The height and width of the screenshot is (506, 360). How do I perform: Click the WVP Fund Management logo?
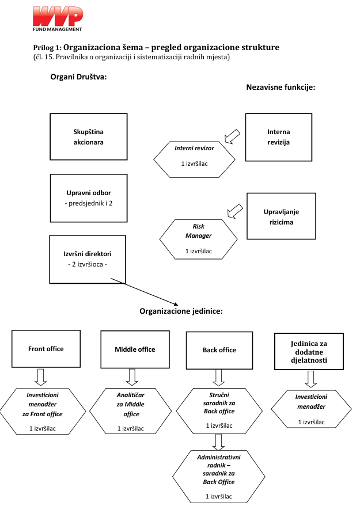(58, 19)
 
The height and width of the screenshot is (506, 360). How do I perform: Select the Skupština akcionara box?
(89, 137)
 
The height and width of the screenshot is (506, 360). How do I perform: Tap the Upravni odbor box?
(89, 198)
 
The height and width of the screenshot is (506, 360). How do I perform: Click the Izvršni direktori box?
(88, 259)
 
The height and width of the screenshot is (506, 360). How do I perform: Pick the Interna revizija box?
(279, 137)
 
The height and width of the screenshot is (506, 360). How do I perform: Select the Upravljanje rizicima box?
(281, 216)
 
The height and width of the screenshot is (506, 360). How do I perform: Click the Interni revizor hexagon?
(194, 159)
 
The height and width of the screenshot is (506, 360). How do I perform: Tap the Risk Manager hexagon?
(199, 239)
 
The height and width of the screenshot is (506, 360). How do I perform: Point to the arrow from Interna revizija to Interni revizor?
(232, 136)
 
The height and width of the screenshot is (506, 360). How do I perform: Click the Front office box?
(46, 349)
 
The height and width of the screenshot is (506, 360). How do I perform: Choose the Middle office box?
(135, 349)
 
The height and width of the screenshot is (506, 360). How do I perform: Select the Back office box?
(219, 351)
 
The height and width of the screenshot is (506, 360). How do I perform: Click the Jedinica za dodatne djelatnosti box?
(309, 351)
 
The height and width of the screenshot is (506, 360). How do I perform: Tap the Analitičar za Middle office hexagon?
(130, 411)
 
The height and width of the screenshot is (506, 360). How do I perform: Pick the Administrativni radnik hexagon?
(219, 477)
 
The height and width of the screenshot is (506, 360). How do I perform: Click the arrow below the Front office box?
(41, 377)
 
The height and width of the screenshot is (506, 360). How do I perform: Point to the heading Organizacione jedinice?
(181, 311)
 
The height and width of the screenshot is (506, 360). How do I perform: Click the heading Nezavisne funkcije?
(281, 87)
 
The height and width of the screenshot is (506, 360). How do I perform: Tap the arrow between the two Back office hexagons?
(218, 442)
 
